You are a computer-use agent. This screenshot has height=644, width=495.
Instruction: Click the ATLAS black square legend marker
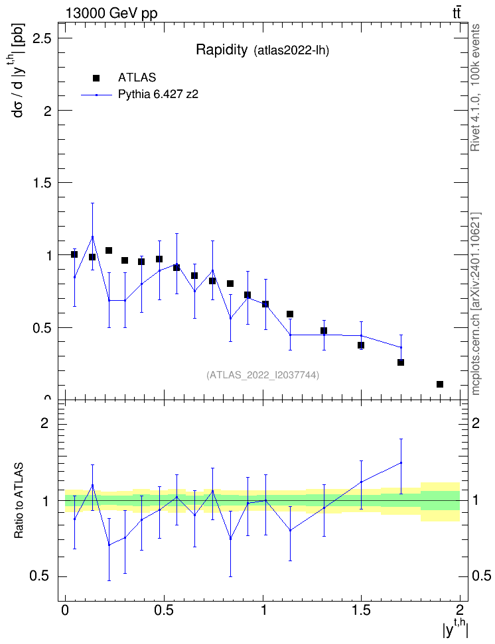pos(96,78)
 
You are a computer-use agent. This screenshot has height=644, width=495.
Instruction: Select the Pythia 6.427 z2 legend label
pos(158,95)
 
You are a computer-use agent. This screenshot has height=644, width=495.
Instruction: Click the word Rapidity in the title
pos(222,50)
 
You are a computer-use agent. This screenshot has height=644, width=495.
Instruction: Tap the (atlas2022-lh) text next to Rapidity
pos(292,50)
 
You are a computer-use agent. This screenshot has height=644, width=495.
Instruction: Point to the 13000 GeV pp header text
pos(111,14)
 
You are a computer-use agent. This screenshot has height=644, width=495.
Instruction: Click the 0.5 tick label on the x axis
pos(164,610)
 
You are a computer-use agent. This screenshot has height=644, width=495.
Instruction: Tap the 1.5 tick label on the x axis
pos(361,610)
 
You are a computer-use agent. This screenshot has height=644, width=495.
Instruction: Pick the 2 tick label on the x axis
pos(460,610)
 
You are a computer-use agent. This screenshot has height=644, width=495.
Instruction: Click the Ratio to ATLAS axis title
pos(19,501)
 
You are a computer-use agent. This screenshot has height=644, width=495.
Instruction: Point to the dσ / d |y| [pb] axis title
pos(18,70)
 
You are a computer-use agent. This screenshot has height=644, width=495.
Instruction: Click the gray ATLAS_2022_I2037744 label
pos(263,375)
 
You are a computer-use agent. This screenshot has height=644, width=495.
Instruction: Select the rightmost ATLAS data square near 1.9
pos(440,384)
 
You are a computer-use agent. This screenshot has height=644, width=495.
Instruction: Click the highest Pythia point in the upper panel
pos(93,237)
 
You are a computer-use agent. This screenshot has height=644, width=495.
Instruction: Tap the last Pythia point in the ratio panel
pos(401,463)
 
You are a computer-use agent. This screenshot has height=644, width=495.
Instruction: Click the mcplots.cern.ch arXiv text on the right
pos(476,303)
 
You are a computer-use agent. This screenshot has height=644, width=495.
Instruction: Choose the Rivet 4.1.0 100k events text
pos(475,87)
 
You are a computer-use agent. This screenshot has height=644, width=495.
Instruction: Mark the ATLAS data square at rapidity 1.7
pos(401,362)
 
